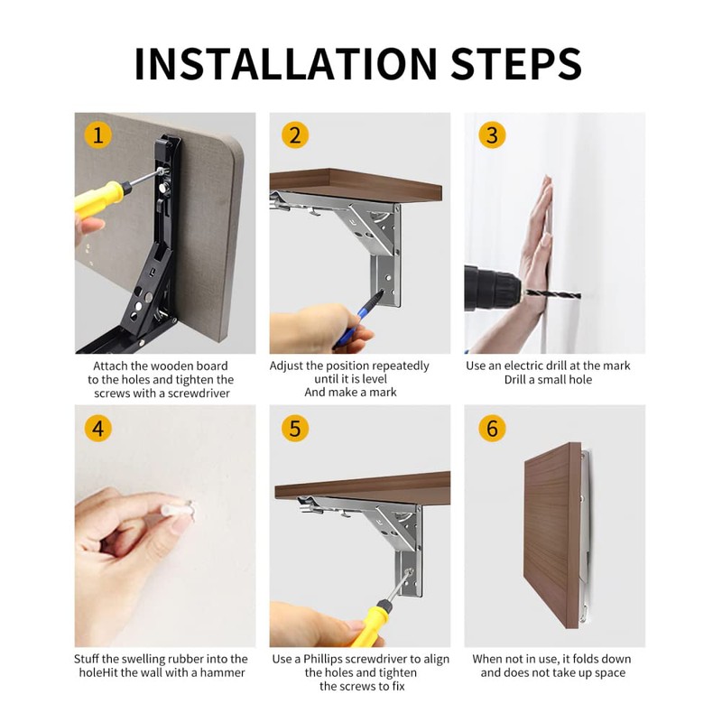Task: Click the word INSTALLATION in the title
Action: (x=285, y=63)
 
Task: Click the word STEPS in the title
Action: (x=516, y=63)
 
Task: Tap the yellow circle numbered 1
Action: (x=97, y=135)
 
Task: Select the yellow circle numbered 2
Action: (x=295, y=135)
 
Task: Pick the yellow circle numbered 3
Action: (x=492, y=135)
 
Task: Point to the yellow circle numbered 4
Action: (x=97, y=428)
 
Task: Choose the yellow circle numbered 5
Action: (x=295, y=428)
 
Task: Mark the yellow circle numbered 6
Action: (x=492, y=428)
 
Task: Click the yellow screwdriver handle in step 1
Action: (x=102, y=196)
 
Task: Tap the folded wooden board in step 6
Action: (x=552, y=535)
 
